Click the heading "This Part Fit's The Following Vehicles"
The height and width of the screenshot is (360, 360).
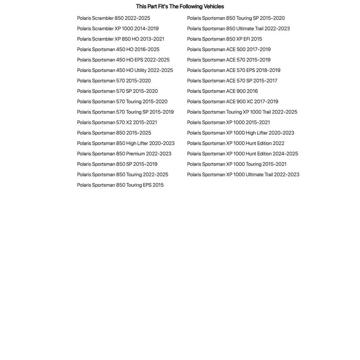tap(180, 6)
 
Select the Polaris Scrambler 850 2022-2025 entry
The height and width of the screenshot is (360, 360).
tap(114, 18)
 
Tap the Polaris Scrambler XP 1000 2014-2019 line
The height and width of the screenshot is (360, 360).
tap(118, 28)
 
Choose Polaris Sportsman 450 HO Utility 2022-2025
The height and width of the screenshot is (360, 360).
tap(125, 70)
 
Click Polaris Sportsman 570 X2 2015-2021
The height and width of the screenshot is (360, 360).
tap(117, 122)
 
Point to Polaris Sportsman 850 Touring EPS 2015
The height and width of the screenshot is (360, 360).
tap(120, 185)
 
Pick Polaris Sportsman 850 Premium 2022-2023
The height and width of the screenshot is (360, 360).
tap(124, 154)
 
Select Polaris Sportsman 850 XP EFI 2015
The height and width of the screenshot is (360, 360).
tap(225, 39)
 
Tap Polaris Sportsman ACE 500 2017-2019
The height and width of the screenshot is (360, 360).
tap(229, 49)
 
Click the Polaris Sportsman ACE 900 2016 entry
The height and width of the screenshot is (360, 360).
tap(222, 91)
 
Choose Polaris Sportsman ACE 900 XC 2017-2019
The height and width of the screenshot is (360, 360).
tap(232, 102)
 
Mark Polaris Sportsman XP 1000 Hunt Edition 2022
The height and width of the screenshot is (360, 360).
tap(235, 143)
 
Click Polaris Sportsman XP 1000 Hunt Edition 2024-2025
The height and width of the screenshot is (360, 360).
tap(243, 154)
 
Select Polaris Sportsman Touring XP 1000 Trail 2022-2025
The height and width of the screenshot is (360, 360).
tap(242, 112)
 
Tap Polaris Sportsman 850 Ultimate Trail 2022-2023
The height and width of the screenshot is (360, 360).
tap(238, 28)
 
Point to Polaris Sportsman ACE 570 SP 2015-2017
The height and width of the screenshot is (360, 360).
tap(232, 81)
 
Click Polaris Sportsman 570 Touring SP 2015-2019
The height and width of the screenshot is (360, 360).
tap(125, 112)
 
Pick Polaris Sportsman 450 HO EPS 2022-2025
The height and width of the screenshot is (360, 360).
tap(123, 60)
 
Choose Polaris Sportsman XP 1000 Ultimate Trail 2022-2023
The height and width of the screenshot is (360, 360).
tap(243, 174)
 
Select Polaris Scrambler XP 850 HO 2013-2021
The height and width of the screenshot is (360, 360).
tap(121, 39)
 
